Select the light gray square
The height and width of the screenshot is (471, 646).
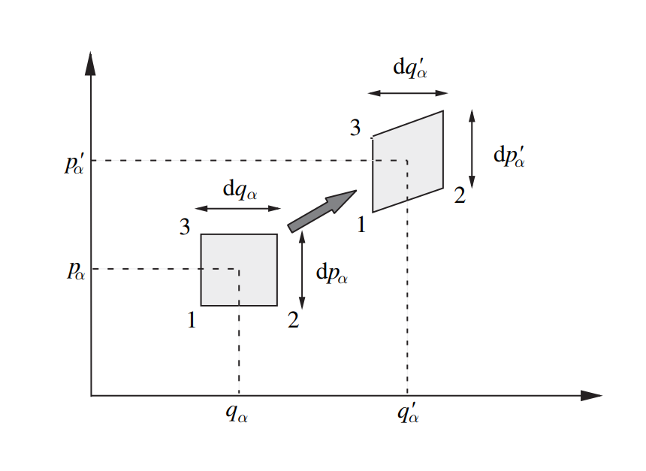point(239,270)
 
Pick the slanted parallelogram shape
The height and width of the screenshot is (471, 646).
point(408,162)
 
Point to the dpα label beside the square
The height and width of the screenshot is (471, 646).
point(331,274)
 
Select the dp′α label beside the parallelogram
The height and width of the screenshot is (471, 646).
point(511,156)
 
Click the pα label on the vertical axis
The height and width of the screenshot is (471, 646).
point(76,270)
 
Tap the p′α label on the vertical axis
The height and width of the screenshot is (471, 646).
point(76,163)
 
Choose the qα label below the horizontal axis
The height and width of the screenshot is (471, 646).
point(237,414)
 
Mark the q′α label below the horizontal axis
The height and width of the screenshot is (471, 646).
point(408,412)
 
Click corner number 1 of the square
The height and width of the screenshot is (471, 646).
point(192,321)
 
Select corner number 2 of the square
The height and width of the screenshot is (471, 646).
point(293,321)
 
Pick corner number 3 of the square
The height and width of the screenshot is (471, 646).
point(184,227)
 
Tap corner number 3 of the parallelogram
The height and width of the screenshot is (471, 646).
point(355,128)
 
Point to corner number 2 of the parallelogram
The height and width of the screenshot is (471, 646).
point(460,197)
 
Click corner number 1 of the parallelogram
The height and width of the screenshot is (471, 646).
point(361,224)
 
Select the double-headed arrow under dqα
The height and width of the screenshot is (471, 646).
point(237,209)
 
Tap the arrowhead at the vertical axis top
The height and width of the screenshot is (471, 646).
point(91,62)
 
